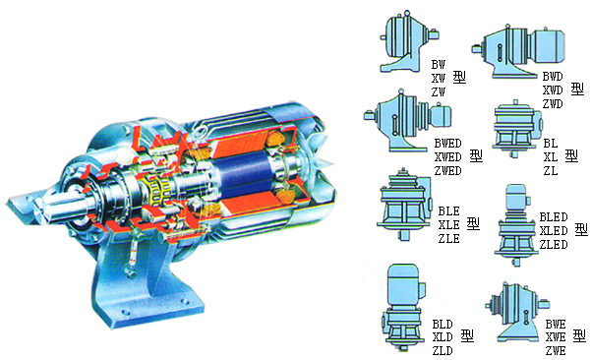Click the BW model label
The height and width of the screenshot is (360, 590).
(x=438, y=65)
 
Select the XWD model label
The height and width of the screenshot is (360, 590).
(x=553, y=90)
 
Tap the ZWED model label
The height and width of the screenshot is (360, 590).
(x=447, y=171)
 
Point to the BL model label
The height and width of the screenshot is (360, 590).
(x=551, y=144)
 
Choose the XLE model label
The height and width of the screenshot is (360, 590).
(x=449, y=225)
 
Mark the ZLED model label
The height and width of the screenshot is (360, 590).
(x=554, y=245)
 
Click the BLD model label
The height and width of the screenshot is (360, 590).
(x=442, y=325)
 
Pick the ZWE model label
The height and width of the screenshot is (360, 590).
(x=556, y=351)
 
